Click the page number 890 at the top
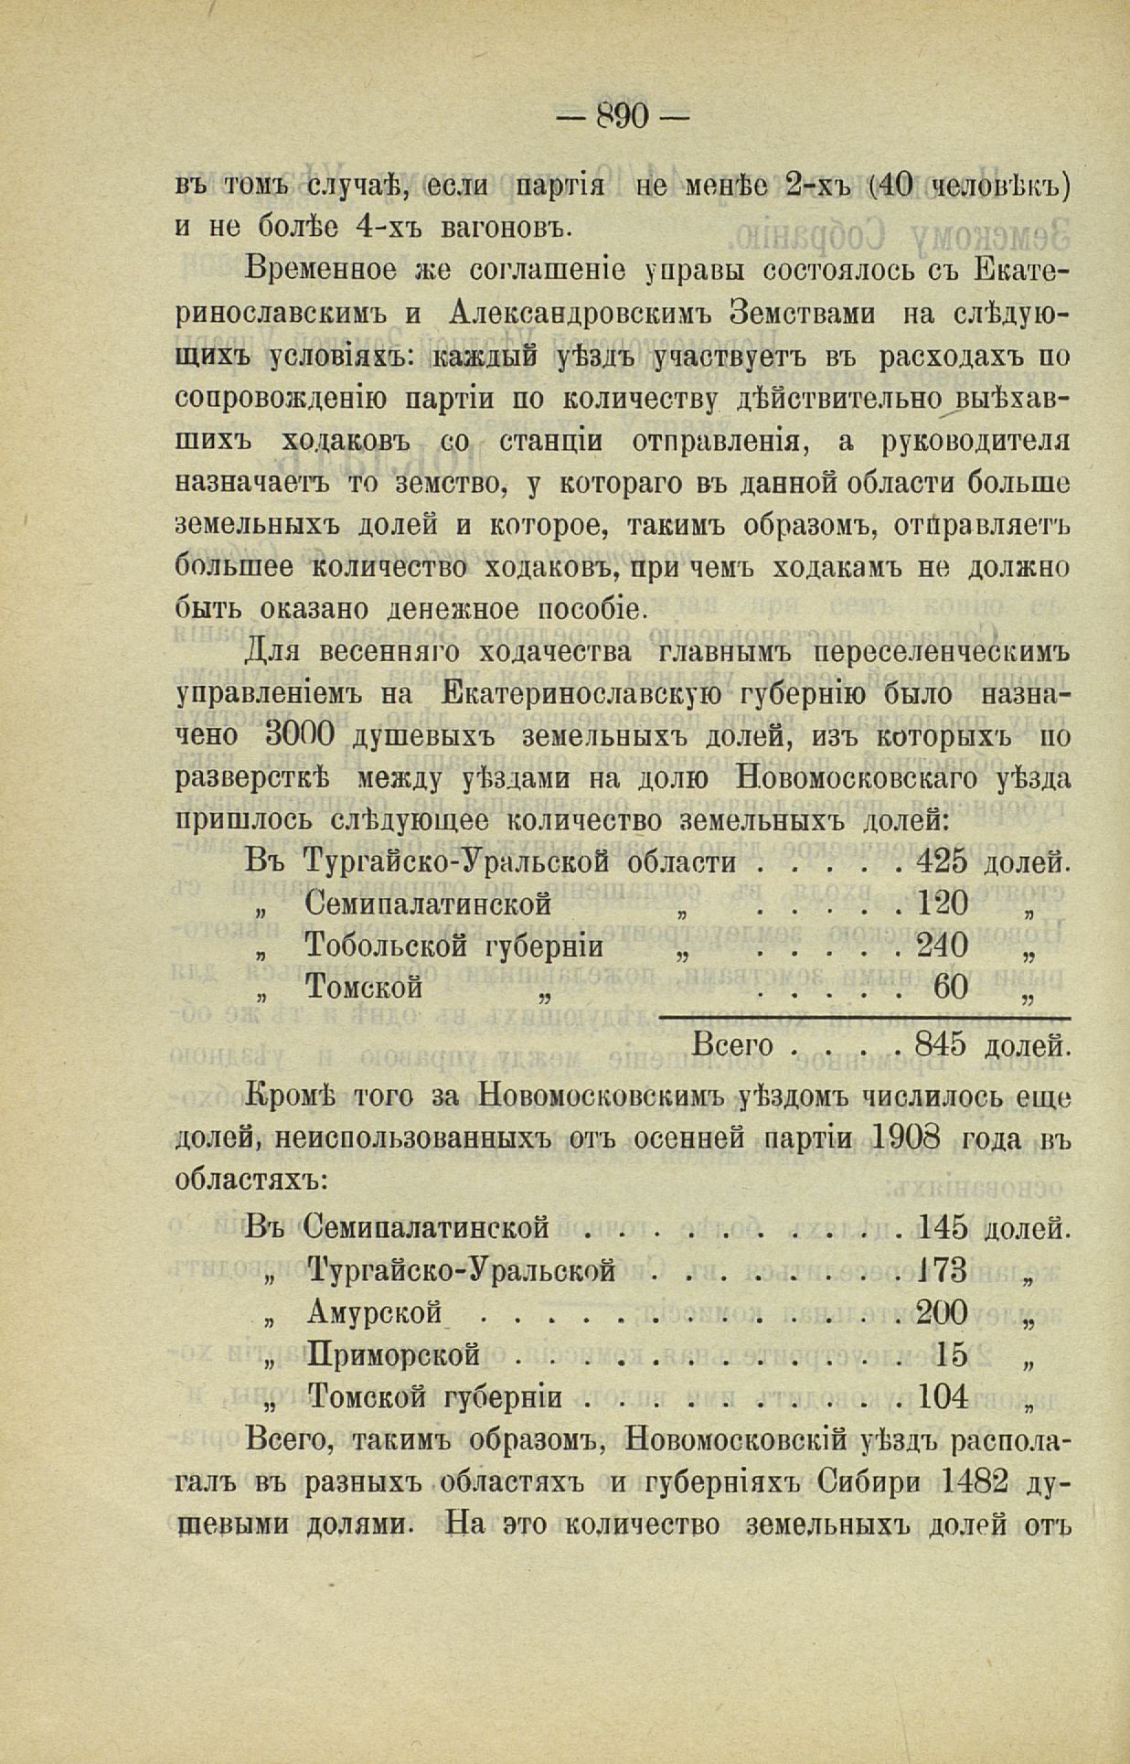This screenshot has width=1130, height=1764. [x=622, y=115]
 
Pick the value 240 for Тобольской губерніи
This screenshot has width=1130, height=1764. [x=943, y=946]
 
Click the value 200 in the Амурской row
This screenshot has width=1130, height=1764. [x=942, y=1313]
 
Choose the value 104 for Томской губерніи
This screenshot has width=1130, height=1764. [x=943, y=1397]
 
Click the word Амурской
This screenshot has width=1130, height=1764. [x=375, y=1314]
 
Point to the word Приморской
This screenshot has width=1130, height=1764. [x=395, y=1356]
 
